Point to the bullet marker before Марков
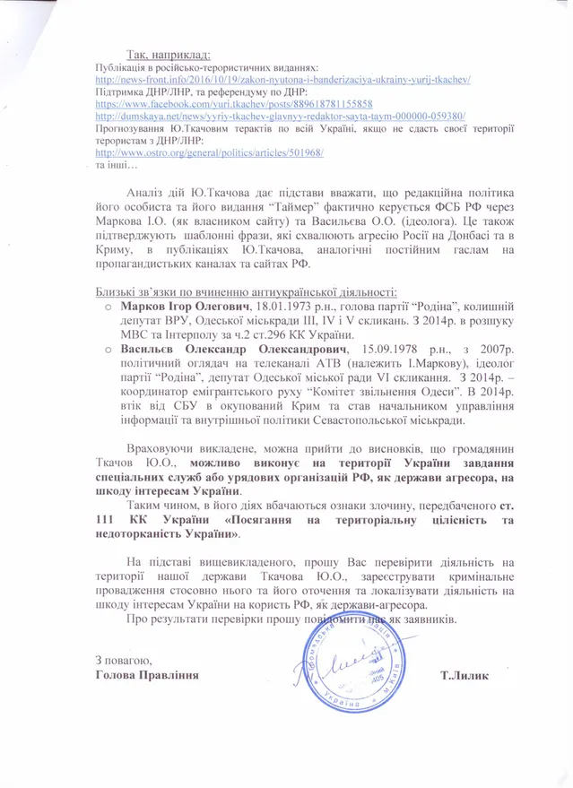pos(106,307)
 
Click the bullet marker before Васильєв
pos(106,346)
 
